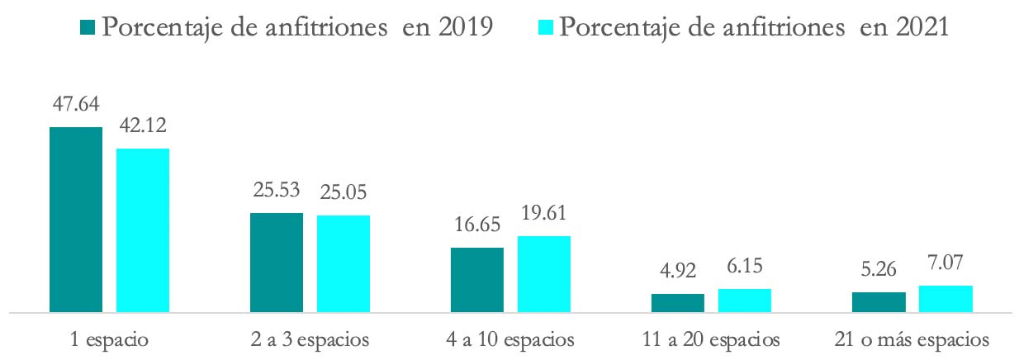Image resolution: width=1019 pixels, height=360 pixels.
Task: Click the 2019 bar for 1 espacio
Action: coord(76,220)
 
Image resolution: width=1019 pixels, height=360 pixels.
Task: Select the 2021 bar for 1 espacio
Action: coord(143,230)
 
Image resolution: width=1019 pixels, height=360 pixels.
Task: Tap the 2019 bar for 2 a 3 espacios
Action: coord(277,263)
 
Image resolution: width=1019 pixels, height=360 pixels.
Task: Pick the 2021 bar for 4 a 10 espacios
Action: coord(544,274)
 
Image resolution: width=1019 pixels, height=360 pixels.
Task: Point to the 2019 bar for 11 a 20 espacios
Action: coord(678,303)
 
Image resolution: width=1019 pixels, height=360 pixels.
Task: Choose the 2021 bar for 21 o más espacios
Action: coord(946,299)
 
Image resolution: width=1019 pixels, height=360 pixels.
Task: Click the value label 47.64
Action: coord(75,105)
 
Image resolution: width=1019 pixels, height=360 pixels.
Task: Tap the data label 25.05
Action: coord(344,192)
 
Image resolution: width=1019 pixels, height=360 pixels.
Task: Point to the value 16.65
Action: coord(477,225)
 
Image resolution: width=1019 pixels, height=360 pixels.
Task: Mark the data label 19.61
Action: coord(544,213)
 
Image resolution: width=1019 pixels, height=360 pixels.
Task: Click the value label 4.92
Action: coord(678,271)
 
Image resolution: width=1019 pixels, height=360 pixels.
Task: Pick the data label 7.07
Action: coord(946,263)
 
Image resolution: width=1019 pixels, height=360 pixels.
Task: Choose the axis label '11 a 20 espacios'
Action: coord(711,339)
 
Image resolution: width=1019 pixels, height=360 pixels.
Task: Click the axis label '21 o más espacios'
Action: coord(912,339)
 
